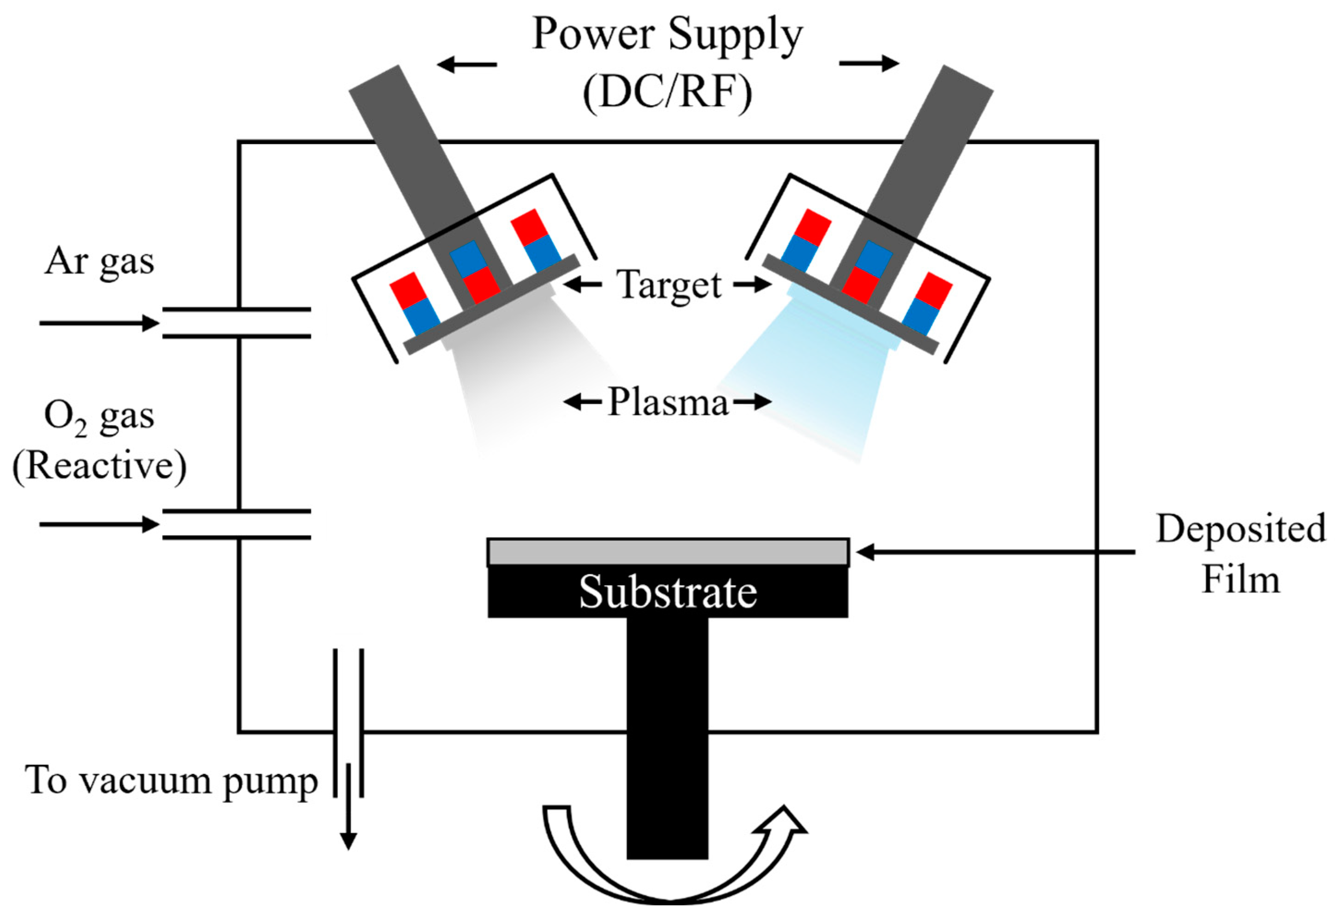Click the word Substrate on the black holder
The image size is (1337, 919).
point(668,593)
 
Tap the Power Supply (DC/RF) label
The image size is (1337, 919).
point(667,63)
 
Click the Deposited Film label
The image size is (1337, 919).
point(1241,553)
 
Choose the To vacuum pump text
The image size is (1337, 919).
point(171,781)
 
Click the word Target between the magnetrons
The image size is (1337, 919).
point(669,284)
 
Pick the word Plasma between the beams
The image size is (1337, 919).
point(668,401)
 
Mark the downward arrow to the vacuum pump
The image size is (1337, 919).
point(348,806)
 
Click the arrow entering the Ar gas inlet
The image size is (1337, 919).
point(99,323)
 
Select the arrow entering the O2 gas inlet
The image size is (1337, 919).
point(99,525)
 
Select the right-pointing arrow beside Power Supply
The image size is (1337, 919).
point(869,63)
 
